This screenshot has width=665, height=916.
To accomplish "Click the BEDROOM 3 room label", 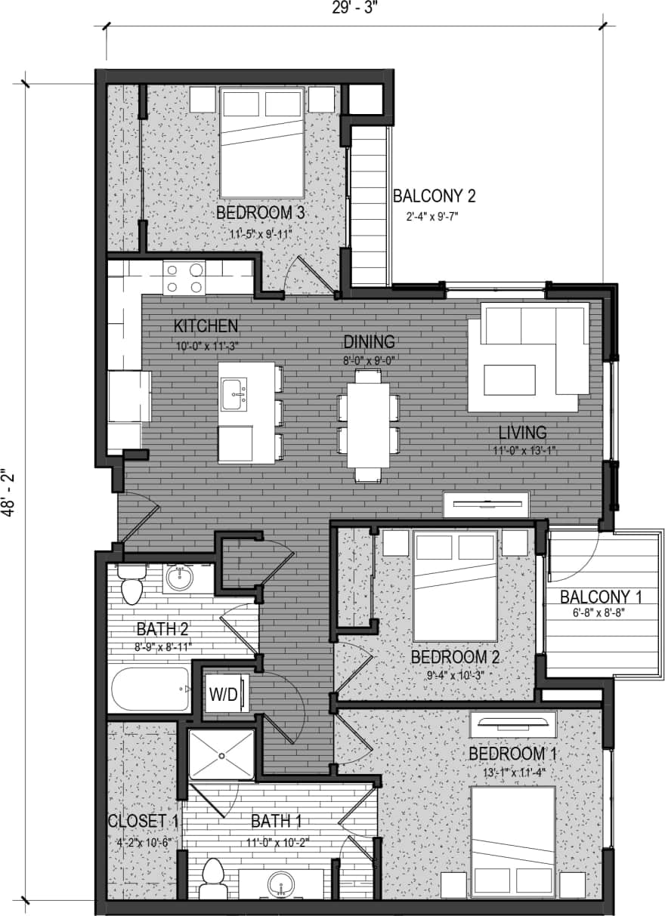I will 260,213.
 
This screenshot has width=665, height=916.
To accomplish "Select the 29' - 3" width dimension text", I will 353,8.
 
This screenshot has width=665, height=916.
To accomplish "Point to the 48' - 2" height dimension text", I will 9,492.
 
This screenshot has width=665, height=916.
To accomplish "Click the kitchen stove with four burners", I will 184,278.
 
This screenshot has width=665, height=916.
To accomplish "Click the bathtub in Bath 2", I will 150,689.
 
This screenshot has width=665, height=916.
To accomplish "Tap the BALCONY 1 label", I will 600,597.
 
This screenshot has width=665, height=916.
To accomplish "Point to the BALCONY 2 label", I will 434,196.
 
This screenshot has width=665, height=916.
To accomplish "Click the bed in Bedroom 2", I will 455,586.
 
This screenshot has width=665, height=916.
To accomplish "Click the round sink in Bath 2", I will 179,578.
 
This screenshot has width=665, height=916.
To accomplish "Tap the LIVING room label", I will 522,433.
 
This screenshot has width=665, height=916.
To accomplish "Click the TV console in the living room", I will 486,503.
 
